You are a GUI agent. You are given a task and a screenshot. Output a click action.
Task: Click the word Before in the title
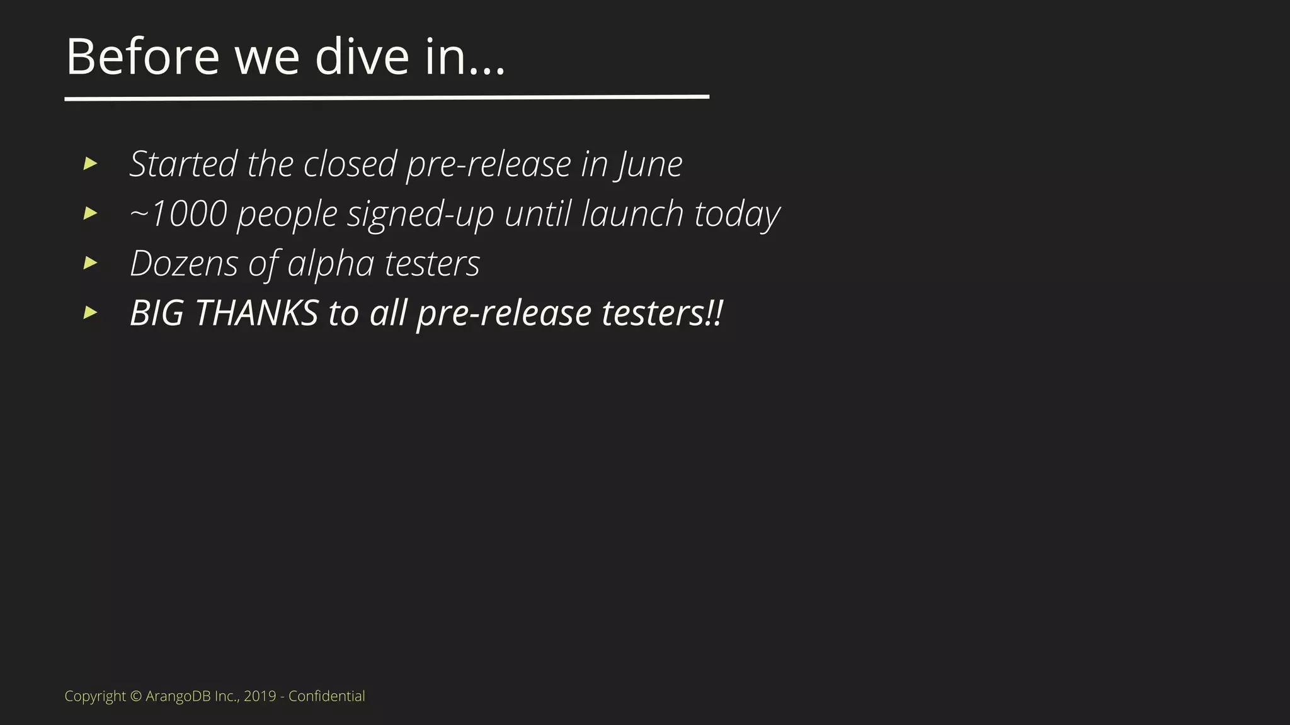pos(142,57)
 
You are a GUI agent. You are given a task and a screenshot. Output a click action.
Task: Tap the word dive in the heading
pos(362,57)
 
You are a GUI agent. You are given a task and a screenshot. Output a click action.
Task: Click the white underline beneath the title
pos(387,98)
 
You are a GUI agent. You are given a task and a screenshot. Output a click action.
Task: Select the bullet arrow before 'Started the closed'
pos(91,164)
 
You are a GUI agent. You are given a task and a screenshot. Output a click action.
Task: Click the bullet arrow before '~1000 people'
pos(91,213)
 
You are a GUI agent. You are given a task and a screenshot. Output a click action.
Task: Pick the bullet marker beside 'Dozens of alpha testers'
pos(91,262)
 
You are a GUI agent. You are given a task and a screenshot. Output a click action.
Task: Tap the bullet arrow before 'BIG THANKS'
pos(91,312)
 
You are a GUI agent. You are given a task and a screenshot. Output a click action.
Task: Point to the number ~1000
pos(178,214)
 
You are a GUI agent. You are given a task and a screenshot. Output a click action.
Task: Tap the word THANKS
pos(257,313)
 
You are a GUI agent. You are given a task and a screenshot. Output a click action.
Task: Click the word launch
pos(632,214)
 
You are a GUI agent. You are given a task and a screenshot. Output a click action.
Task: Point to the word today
pos(737,215)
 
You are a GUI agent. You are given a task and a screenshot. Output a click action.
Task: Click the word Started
pos(183,164)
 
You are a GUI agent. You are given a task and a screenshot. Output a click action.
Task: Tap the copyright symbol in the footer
pos(136,696)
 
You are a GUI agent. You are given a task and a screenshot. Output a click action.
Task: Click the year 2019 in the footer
pos(260,696)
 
